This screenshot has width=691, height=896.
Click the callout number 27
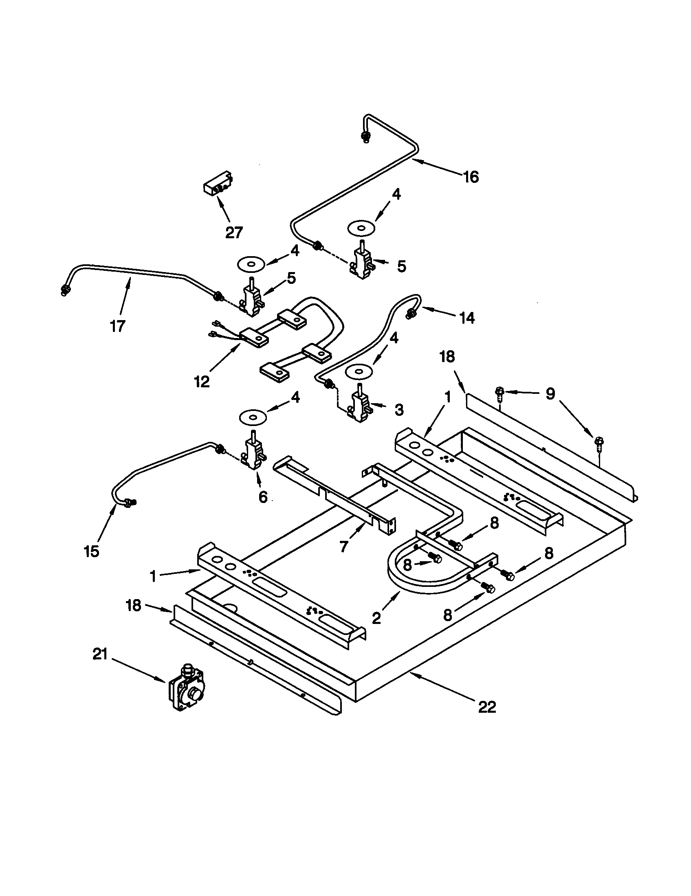pos(234,232)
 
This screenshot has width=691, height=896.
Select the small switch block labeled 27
pos(218,184)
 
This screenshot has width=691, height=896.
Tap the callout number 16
pos(471,177)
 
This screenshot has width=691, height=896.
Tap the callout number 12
pos(202,382)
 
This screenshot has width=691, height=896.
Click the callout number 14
pos(467,318)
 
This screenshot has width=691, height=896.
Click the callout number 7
pos(344,546)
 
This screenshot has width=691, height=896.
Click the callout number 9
pos(550,393)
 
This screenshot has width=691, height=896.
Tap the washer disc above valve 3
pos(360,372)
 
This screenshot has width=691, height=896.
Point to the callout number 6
pos(263,497)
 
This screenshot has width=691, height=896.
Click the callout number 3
pos(398,409)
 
